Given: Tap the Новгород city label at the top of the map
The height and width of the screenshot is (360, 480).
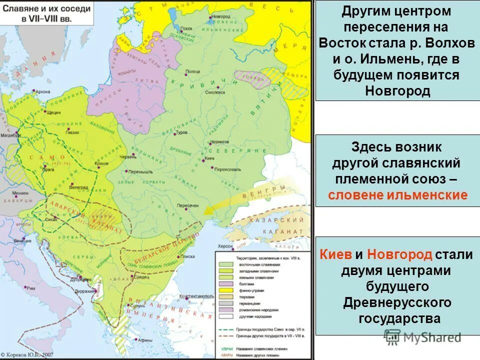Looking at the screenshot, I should [x=219, y=16].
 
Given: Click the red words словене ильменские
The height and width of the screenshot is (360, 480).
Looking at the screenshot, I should [x=397, y=195].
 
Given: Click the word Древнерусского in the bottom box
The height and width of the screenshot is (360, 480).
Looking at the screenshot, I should [x=397, y=302].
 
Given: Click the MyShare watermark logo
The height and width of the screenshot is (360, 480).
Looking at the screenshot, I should [x=422, y=337].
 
